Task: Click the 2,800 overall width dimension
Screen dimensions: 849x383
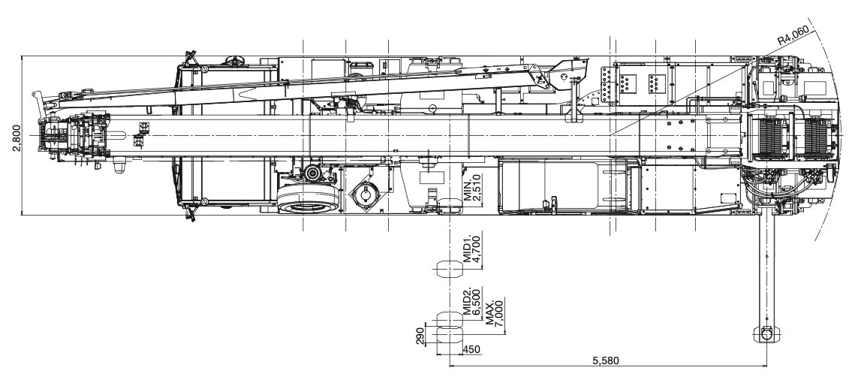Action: [16, 138]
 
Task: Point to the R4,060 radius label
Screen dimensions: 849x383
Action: [793, 35]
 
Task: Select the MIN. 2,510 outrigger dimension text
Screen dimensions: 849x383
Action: [472, 188]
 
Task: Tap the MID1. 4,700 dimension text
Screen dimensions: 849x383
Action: [472, 249]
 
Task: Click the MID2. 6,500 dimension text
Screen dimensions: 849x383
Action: [472, 303]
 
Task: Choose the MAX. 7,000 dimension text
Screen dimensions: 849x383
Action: [495, 312]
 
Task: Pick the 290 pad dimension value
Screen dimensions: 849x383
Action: [420, 336]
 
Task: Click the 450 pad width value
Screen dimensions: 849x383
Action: [472, 350]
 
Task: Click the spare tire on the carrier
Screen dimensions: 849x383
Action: [308, 200]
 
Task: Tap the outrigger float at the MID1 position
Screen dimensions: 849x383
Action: [450, 268]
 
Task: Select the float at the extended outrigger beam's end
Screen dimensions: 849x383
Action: [766, 333]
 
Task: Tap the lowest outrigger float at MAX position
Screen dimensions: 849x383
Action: [450, 336]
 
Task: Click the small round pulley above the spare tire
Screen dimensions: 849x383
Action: [312, 173]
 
